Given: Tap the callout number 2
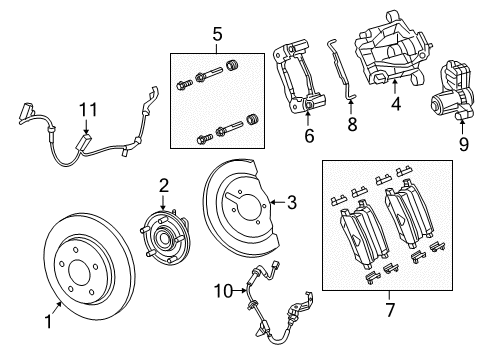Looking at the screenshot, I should (x=164, y=185).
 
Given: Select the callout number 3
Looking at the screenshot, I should (x=292, y=204).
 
